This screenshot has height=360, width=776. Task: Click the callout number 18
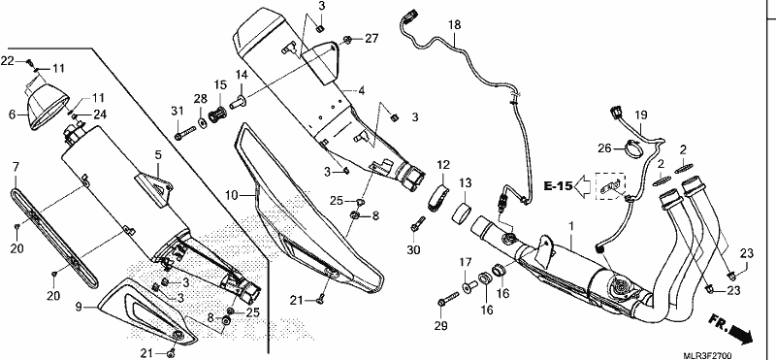(454, 24)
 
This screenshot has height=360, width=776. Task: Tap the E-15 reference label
(559, 186)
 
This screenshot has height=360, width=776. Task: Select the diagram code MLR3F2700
(708, 355)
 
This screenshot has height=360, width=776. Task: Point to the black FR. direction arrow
(730, 328)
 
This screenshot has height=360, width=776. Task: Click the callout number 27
(372, 39)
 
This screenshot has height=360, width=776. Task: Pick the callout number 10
(231, 197)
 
